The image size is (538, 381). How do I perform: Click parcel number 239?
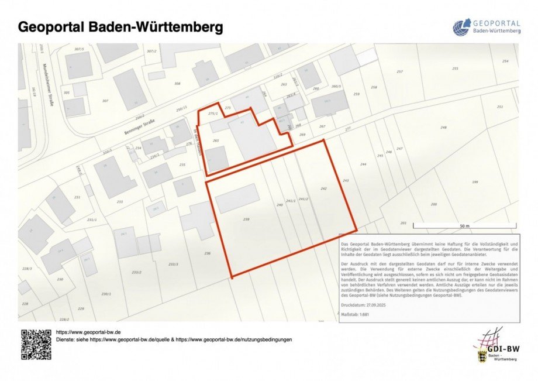coord(246,219)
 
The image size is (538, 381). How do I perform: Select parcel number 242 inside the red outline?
coord(323,188)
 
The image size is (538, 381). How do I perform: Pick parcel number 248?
coord(443,128)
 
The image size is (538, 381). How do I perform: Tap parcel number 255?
coord(455,69)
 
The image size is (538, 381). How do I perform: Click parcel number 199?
coord(474,183)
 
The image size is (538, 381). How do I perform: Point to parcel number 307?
coord(105,101)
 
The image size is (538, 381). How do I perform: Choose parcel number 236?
coord(207,253)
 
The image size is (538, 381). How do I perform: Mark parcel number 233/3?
coord(173,264)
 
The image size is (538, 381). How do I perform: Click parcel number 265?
coord(216,140)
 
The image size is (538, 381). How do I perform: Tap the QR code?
coord(36,344)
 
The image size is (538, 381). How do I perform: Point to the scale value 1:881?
coord(363,315)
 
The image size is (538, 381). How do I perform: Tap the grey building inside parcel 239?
coord(237,198)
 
